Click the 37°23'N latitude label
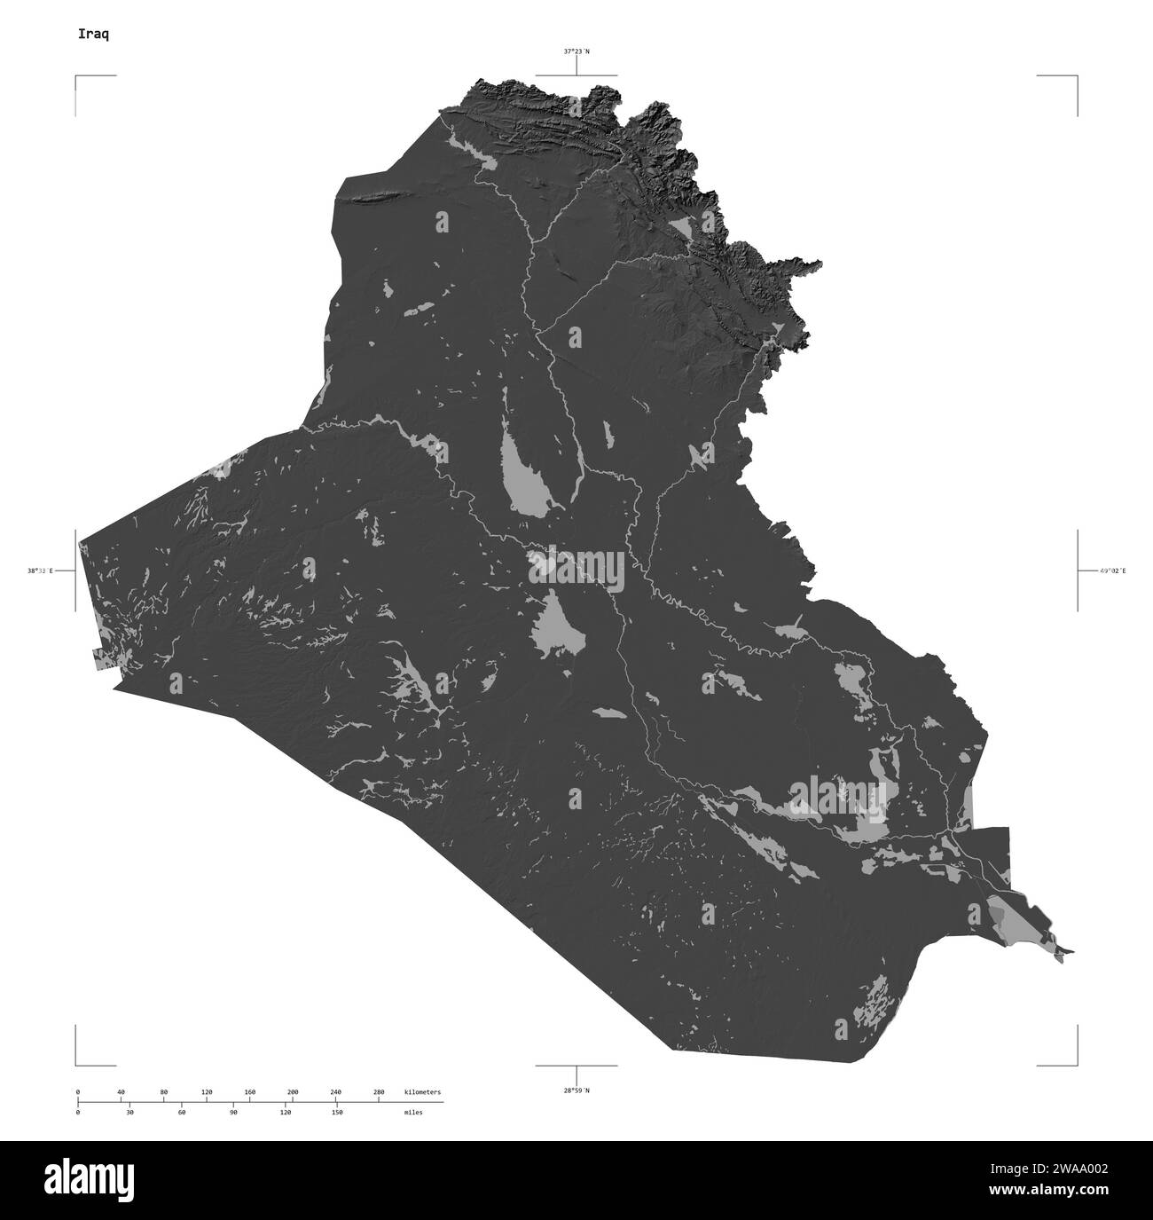pyautogui.click(x=576, y=51)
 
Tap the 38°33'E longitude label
pyautogui.click(x=41, y=571)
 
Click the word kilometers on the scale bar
pyautogui.click(x=422, y=1091)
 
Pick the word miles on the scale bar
pyautogui.click(x=412, y=1112)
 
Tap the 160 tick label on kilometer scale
pyautogui.click(x=249, y=1091)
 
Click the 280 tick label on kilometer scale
pyautogui.click(x=379, y=1091)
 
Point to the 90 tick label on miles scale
pyautogui.click(x=233, y=1112)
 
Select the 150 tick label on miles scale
pyautogui.click(x=337, y=1112)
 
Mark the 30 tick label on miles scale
pyautogui.click(x=129, y=1112)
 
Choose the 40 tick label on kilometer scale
pyautogui.click(x=121, y=1091)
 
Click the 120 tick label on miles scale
pyautogui.click(x=286, y=1112)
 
